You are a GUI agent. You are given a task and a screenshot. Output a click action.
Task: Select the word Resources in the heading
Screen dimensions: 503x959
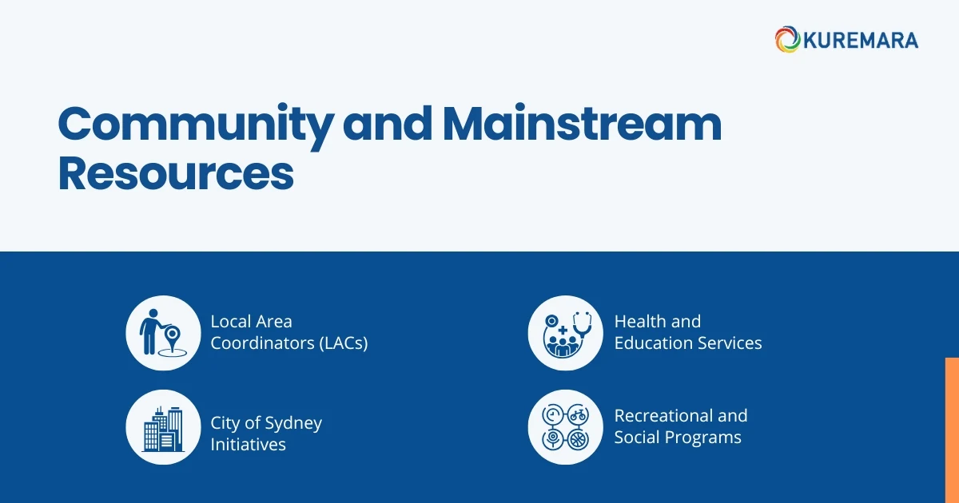pos(176,174)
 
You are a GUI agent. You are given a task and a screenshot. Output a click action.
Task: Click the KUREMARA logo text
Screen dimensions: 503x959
pos(861,40)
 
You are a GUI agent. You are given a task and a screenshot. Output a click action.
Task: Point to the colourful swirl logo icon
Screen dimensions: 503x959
pos(787,40)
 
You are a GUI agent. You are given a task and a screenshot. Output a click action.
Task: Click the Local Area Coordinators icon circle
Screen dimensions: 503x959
pos(163,333)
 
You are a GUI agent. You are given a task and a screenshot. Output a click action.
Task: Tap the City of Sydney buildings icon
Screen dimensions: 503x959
pos(163,427)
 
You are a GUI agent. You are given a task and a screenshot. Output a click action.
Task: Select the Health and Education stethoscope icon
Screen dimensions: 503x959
pos(566,333)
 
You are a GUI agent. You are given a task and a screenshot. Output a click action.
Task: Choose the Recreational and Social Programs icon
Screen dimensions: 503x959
pos(566,427)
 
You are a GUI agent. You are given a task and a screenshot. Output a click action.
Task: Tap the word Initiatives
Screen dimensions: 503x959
pos(248,445)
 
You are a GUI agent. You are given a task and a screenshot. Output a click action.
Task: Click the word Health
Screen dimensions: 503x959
pos(640,322)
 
